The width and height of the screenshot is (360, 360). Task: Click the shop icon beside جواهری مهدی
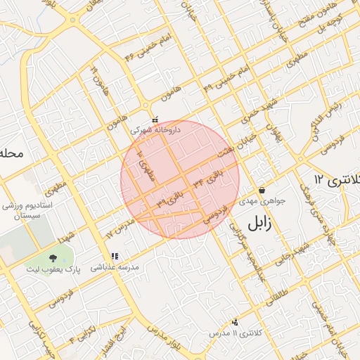click(262, 190)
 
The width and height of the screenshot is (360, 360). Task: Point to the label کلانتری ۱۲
click(337, 179)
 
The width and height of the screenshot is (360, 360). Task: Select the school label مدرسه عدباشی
click(115, 267)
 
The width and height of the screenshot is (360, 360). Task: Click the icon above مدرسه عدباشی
click(115, 257)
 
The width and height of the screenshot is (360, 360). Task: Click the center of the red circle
click(180, 179)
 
